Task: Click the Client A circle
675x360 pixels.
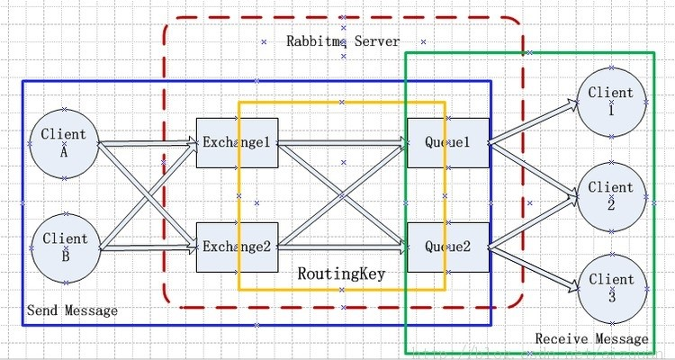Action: coord(64,143)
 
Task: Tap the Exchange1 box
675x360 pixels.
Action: coord(237,143)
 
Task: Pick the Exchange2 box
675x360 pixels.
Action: coord(237,247)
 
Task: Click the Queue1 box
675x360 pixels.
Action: coord(448,143)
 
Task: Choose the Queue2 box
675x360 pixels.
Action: coord(448,247)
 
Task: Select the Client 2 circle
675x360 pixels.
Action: coord(611,194)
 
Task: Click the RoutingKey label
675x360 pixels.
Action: coord(341,273)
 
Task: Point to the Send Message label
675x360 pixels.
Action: coord(72,310)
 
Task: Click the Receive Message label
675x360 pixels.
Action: coord(591,339)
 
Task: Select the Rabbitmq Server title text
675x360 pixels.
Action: coord(343,41)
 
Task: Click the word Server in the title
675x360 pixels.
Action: coord(377,41)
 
